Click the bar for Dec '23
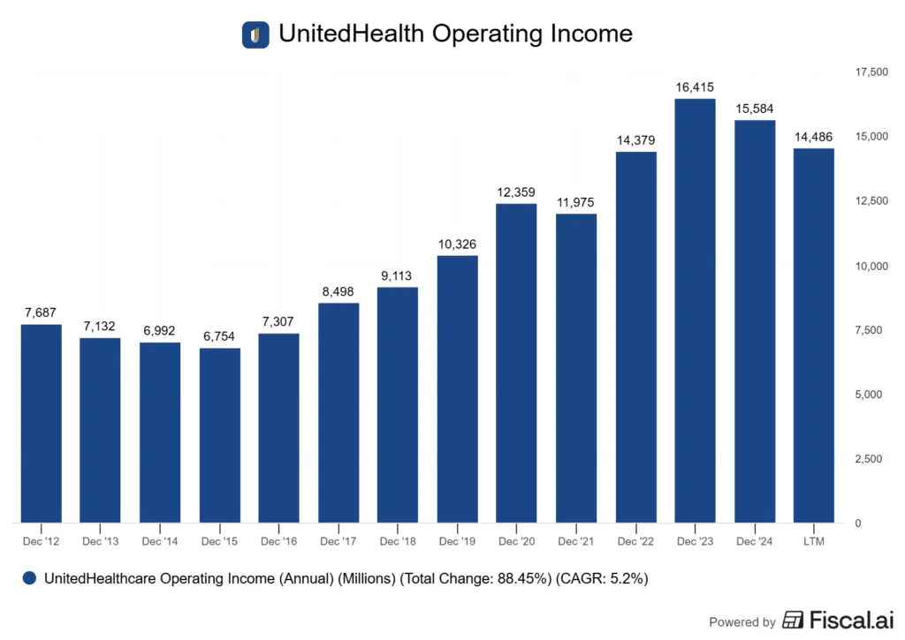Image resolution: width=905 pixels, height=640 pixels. [x=695, y=311]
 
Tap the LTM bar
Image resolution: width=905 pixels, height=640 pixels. [x=813, y=335]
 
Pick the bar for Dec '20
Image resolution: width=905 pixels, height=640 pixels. [x=516, y=363]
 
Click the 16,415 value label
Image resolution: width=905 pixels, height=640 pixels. [x=695, y=87]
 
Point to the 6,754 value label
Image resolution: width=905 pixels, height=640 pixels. [x=220, y=336]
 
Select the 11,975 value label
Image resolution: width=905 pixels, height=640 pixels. [x=575, y=202]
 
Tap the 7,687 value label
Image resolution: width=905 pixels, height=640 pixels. [x=42, y=312]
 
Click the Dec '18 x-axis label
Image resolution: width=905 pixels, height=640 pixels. [x=398, y=541]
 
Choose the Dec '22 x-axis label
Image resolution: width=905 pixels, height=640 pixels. [x=635, y=541]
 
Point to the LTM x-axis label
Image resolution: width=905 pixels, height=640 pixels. [x=813, y=541]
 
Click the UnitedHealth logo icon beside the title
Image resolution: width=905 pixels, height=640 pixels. [x=255, y=34]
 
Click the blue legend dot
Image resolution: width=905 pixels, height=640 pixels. [x=30, y=578]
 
